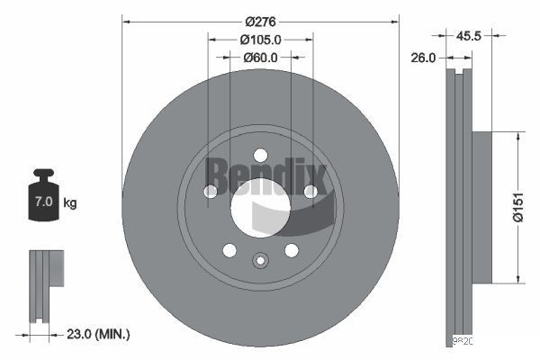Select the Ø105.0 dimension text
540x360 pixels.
(261, 39)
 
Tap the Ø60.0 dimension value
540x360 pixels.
(261, 58)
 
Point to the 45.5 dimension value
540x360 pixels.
(469, 37)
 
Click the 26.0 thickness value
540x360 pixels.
(423, 58)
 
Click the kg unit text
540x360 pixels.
(70, 203)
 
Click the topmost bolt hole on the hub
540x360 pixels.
(260, 154)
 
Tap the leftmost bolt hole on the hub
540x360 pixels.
(211, 191)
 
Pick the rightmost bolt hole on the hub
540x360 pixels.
(310, 191)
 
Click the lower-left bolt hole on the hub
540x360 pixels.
(229, 249)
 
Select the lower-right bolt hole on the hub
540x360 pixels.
(292, 249)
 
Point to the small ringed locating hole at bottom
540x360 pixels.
(260, 261)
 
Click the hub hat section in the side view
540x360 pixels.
(481, 207)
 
